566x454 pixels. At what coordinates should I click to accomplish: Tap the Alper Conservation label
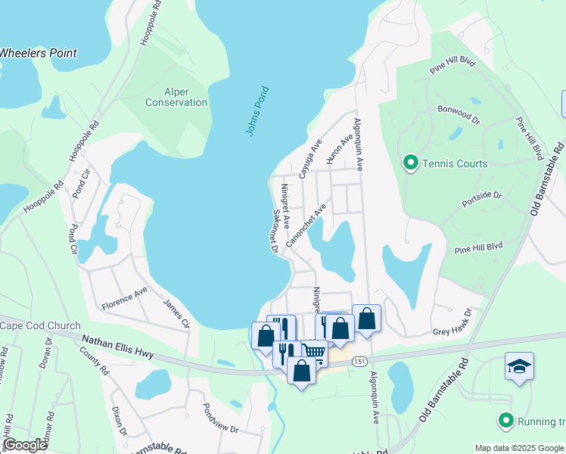176,97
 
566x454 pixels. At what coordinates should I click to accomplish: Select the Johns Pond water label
257,111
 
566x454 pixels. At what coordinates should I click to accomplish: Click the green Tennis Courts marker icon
410,162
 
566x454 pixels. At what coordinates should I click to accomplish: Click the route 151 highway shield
360,362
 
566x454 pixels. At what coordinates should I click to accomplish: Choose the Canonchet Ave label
306,224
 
